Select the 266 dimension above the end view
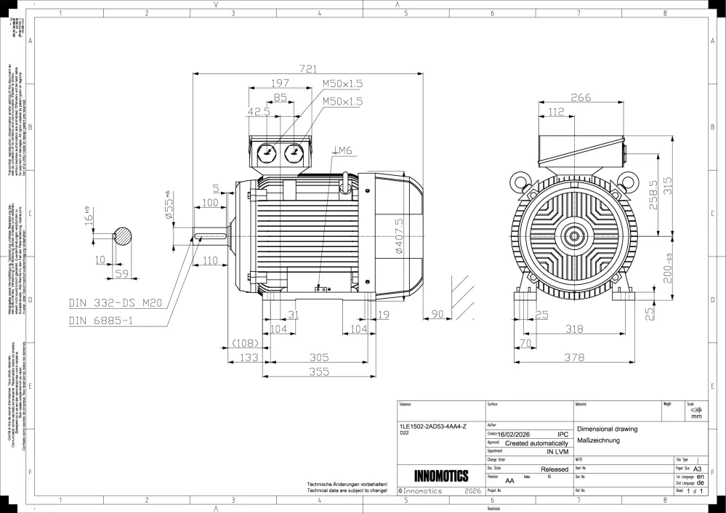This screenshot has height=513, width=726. click(580, 98)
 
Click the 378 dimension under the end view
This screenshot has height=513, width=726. click(574, 357)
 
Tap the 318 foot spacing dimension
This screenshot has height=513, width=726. click(574, 329)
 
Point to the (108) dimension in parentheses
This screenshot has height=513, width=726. click(245, 343)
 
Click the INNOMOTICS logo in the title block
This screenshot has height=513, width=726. click(441, 477)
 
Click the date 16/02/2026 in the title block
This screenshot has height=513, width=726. click(518, 434)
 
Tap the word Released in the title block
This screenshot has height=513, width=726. click(554, 469)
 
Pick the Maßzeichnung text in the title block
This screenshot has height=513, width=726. click(597, 440)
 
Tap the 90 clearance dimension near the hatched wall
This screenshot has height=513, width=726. click(437, 314)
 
